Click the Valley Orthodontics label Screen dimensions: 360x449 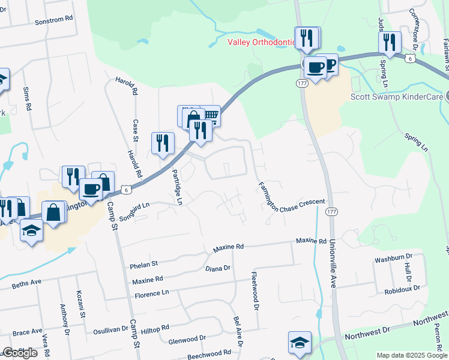(x=262, y=42)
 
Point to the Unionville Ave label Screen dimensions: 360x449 (x=332, y=264)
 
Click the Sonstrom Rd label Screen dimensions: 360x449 (x=53, y=19)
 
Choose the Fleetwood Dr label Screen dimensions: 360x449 (x=255, y=290)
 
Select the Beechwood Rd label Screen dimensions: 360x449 (x=209, y=354)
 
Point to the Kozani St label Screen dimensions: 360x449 (x=80, y=305)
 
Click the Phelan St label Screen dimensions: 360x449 (x=143, y=263)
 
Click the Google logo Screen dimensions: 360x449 (x=20, y=353)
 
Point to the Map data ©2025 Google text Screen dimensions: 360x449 (x=412, y=355)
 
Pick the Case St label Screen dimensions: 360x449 (x=136, y=131)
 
